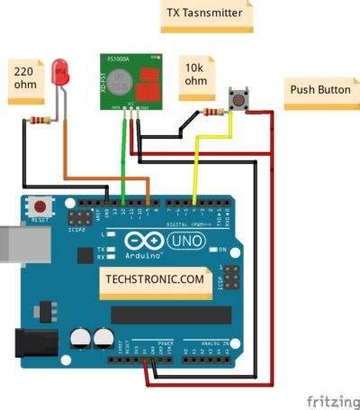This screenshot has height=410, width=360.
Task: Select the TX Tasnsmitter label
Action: tap(206, 14)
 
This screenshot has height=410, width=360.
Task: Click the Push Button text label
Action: tap(319, 91)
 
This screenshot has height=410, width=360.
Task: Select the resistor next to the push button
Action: tap(214, 113)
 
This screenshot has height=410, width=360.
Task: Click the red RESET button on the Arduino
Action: tap(40, 205)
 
